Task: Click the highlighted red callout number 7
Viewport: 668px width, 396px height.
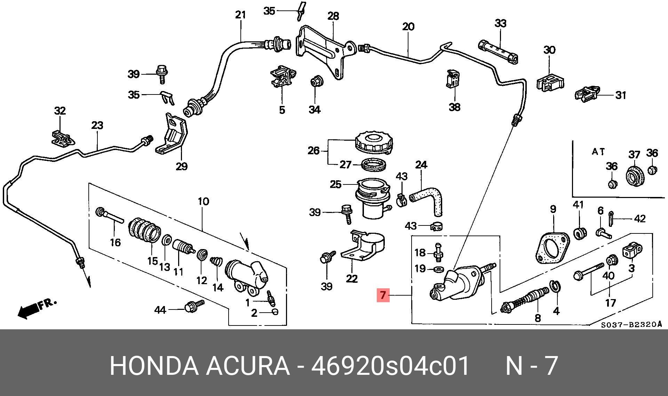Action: point(383,295)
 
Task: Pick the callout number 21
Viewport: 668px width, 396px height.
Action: point(240,15)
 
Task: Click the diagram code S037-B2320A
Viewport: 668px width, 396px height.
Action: point(631,325)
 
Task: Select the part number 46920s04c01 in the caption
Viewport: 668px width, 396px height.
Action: point(390,366)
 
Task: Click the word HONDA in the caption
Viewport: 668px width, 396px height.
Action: point(154,366)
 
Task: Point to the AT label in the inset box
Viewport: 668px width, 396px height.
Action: point(598,152)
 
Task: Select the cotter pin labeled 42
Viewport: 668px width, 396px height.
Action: point(611,218)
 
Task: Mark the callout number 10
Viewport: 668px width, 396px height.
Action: point(203,201)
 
